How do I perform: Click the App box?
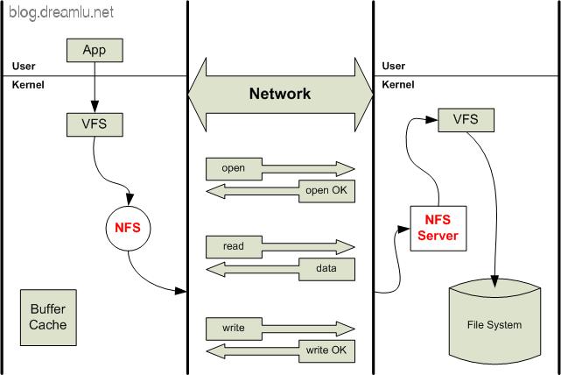95,50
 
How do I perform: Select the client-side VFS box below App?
95,124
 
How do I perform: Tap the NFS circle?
128,228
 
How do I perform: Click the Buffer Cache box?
48,317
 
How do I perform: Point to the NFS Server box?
438,228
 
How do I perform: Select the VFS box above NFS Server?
466,120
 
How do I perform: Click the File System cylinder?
494,322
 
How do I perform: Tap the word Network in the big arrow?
280,94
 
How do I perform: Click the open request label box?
234,169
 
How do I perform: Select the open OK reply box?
327,191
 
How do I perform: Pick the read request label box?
234,247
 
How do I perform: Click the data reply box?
327,269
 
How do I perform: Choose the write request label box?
234,329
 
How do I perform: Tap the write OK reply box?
327,350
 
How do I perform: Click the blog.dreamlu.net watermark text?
61,13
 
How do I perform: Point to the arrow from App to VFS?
95,88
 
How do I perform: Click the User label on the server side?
394,66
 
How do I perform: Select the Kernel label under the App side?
28,85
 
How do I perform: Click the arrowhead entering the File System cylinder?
494,281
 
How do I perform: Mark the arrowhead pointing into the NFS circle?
130,199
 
